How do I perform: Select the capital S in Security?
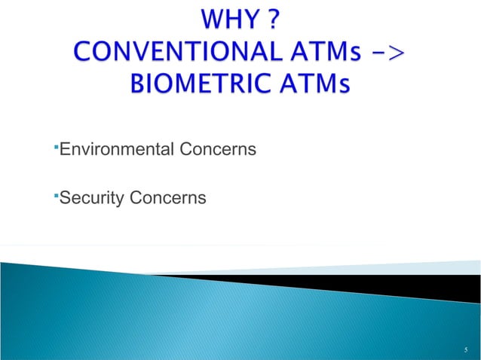(64, 198)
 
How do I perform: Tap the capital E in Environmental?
(65, 151)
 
